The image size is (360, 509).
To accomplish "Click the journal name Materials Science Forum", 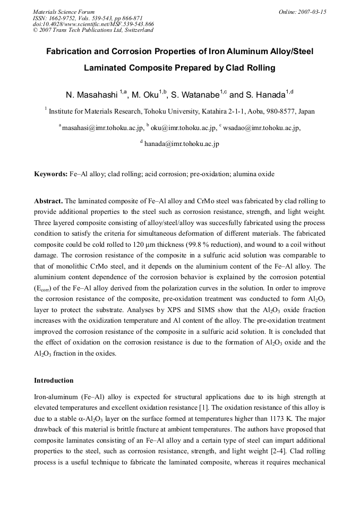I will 64,11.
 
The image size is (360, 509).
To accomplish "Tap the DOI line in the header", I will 93,24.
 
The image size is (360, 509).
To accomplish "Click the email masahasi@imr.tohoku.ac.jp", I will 103,128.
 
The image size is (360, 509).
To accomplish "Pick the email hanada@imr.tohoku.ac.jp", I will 182,144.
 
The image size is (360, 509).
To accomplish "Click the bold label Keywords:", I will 50,174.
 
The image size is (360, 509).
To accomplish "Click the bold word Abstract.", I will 48,201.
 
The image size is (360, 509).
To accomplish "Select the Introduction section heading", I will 54,381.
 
